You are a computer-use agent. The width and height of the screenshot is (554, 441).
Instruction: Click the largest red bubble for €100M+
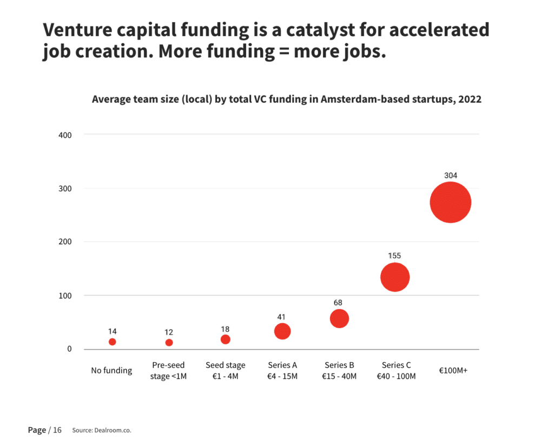point(451,202)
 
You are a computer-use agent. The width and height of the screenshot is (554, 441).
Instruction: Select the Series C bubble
point(395,277)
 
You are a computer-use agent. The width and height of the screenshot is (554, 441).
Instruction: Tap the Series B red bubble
point(339,318)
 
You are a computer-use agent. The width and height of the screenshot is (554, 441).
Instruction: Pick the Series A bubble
point(282,331)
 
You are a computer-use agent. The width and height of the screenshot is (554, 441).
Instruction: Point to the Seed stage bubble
point(226,339)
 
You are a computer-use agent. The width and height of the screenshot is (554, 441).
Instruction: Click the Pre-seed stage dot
point(169,343)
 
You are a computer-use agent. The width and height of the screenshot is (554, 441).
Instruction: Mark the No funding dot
point(113,342)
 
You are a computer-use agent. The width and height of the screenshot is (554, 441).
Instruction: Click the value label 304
point(451,175)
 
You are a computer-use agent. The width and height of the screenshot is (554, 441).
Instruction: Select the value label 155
point(394,256)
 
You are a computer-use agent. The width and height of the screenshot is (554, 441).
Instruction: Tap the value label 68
point(338,303)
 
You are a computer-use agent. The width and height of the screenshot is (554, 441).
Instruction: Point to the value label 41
point(281,317)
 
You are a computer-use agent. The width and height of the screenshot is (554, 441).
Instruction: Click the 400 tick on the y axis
point(65,135)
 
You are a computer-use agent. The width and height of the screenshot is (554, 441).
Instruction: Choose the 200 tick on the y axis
point(65,242)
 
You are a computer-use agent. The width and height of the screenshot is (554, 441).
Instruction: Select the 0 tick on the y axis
point(69,349)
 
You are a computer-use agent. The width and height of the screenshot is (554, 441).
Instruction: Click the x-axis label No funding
point(111,370)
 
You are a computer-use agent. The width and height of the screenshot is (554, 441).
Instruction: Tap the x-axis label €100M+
point(453,370)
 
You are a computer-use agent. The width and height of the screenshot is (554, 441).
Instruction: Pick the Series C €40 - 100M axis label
point(397,370)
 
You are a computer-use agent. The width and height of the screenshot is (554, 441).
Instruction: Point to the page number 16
point(57,430)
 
